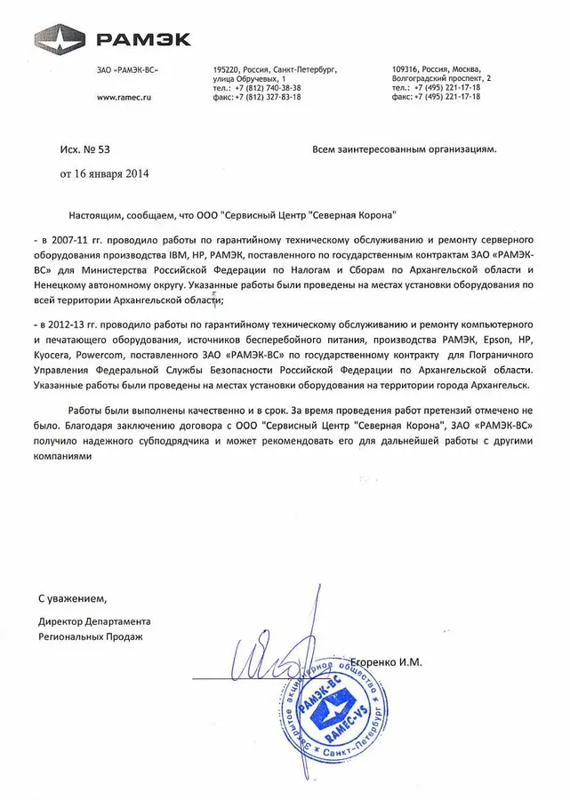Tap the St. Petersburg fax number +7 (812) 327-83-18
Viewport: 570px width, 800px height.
(257, 97)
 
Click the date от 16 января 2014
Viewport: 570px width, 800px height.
(105, 173)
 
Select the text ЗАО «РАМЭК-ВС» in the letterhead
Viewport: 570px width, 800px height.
(123, 69)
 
